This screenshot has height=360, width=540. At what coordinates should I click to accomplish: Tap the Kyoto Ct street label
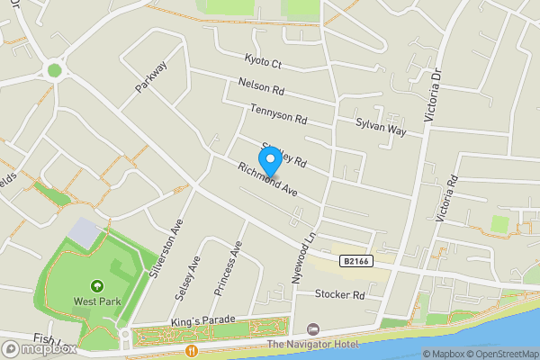tap(264, 63)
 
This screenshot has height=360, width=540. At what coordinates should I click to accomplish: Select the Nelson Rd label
tap(262, 87)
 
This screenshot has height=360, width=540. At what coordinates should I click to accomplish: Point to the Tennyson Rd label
tap(280, 115)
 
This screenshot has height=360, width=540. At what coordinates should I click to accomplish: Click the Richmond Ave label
tap(267, 179)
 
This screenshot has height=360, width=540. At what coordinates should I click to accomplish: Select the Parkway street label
tap(151, 77)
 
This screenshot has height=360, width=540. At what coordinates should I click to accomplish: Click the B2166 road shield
tap(355, 261)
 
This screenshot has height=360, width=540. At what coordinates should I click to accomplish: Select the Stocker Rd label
tap(340, 294)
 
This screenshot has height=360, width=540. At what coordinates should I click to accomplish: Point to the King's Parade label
tap(202, 320)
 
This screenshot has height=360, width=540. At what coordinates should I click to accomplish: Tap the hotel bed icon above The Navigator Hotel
tap(312, 329)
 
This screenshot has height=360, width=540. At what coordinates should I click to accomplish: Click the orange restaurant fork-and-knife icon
tap(191, 350)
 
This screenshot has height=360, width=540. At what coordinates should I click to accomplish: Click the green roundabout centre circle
tap(55, 69)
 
